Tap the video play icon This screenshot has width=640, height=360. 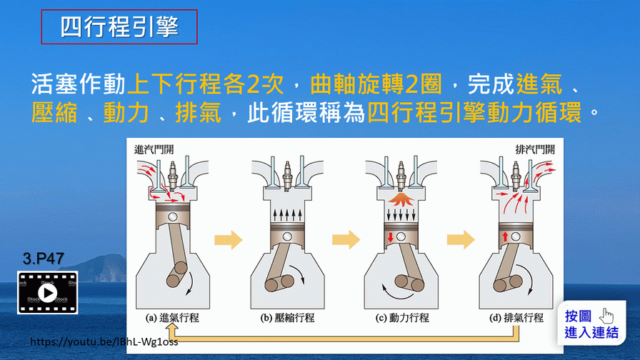click(x=47, y=293)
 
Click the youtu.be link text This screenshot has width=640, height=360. click(x=104, y=341)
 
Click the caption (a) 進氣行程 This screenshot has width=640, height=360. click(x=172, y=318)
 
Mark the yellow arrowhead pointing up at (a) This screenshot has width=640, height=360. click(x=171, y=330)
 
